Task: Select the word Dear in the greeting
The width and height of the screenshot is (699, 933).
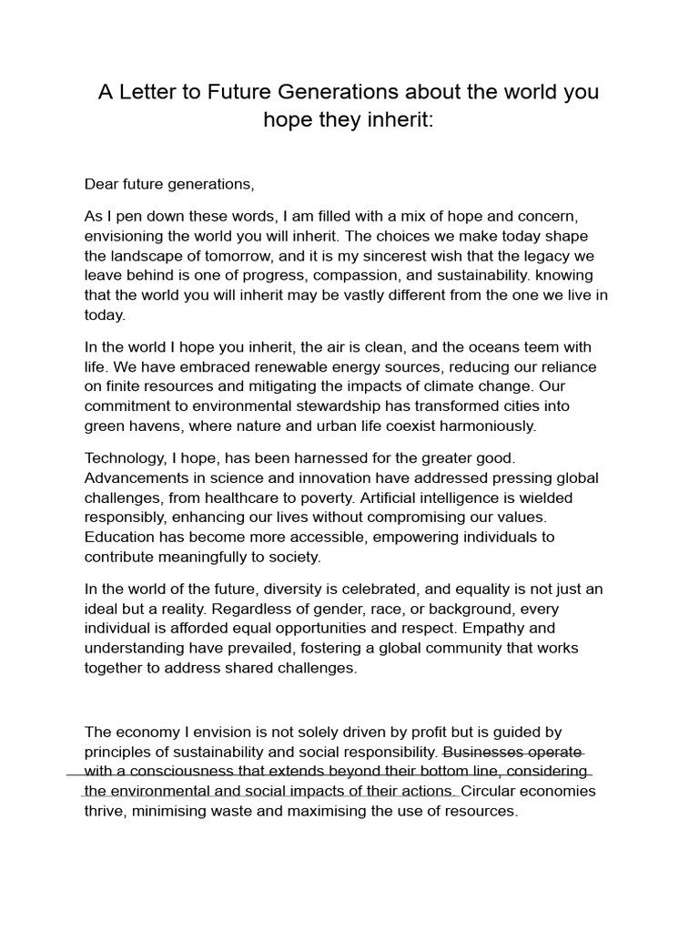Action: pos(101,184)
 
